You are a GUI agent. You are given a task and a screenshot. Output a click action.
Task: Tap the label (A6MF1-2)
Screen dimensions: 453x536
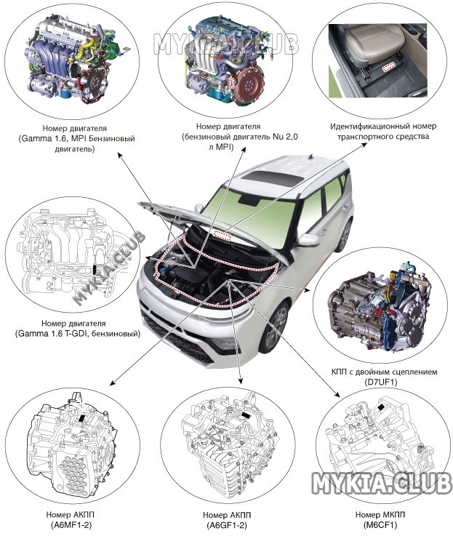point(71,524)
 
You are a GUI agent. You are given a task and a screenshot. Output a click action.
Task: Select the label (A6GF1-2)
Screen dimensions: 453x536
point(227,524)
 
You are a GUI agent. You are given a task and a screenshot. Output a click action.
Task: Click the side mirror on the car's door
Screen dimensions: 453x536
point(308,240)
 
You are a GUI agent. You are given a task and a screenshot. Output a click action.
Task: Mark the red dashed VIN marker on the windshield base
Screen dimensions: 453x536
point(223,235)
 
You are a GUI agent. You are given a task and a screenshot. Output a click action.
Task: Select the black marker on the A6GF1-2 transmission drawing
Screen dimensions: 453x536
point(246,415)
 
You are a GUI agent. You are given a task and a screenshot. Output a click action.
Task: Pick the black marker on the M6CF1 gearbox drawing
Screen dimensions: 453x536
point(380,407)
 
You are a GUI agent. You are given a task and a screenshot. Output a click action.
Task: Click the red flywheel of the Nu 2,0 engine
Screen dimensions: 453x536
point(250,84)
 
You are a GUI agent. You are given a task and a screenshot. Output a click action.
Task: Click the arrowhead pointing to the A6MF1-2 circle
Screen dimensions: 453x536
point(113,383)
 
